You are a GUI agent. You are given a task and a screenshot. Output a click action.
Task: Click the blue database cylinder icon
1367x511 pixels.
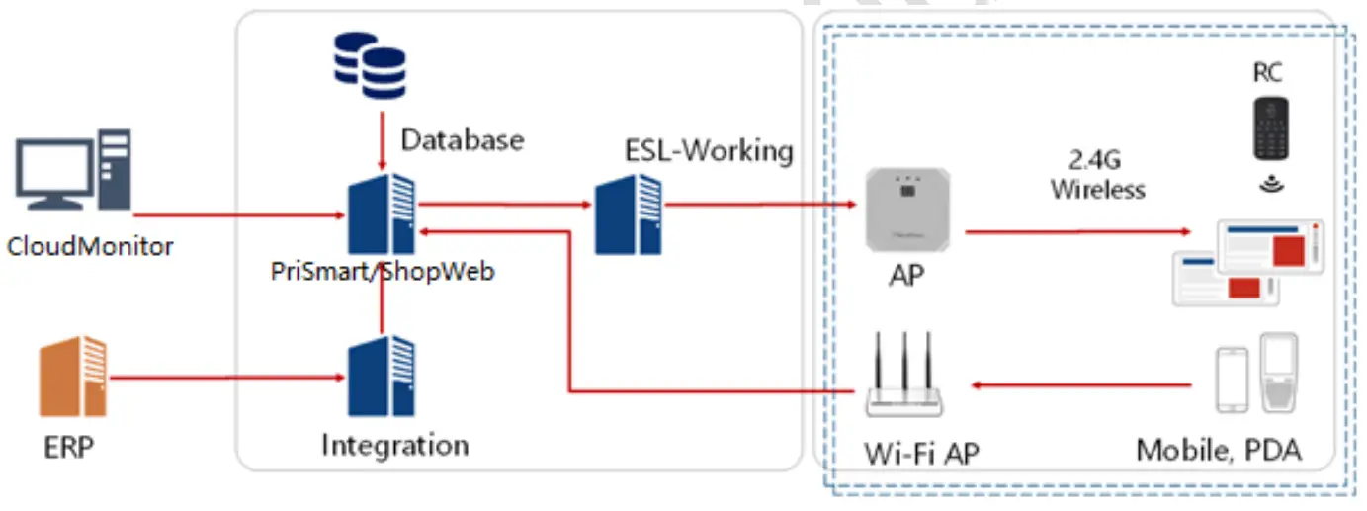pyautogui.click(x=370, y=65)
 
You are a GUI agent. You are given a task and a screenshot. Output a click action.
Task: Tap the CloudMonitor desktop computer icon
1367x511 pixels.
pyautogui.click(x=73, y=169)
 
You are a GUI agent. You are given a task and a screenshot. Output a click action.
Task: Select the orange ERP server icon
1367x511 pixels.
pyautogui.click(x=73, y=376)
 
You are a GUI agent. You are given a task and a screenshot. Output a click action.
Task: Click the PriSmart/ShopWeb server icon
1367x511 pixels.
pyautogui.click(x=382, y=213)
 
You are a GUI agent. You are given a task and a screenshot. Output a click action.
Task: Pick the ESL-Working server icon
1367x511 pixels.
pyautogui.click(x=628, y=213)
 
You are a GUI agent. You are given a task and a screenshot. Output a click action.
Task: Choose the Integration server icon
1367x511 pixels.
pyautogui.click(x=382, y=376)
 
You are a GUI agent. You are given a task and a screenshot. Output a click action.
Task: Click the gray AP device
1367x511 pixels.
pyautogui.click(x=907, y=210)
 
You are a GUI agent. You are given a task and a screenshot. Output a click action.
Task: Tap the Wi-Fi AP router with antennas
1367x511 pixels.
pyautogui.click(x=903, y=374)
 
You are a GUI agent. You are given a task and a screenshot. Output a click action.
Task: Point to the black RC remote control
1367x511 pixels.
pyautogui.click(x=1270, y=128)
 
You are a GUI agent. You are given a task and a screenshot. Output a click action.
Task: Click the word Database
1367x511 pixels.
pyautogui.click(x=463, y=139)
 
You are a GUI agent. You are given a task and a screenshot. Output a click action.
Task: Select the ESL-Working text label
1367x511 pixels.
pyautogui.click(x=709, y=150)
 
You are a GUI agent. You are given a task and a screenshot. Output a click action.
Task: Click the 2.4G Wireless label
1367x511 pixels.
pyautogui.click(x=1097, y=175)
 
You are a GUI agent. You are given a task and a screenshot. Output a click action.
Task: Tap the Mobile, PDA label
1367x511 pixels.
pyautogui.click(x=1219, y=451)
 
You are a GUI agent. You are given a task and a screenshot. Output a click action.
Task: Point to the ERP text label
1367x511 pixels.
pyautogui.click(x=69, y=448)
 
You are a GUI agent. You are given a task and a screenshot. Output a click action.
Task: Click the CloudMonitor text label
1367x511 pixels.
pyautogui.click(x=90, y=246)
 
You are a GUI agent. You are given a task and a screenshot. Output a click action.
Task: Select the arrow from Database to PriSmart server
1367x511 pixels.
pyautogui.click(x=382, y=140)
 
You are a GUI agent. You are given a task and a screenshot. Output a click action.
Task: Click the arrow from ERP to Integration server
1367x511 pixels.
pyautogui.click(x=227, y=378)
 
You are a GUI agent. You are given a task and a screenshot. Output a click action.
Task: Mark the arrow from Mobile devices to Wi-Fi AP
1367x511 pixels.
pyautogui.click(x=1080, y=385)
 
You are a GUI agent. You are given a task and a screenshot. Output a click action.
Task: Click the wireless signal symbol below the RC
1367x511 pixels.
pyautogui.click(x=1272, y=183)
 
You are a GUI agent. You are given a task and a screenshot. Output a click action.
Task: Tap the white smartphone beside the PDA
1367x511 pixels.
pyautogui.click(x=1233, y=380)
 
